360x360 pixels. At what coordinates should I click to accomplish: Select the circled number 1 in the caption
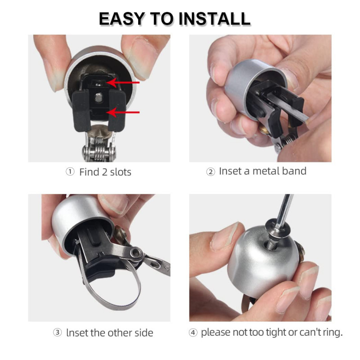coord(70,172)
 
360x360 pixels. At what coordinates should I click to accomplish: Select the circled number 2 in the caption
coord(210,172)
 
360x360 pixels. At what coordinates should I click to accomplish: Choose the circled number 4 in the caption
coord(193,333)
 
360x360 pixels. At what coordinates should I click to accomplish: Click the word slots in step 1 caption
coord(118,172)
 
